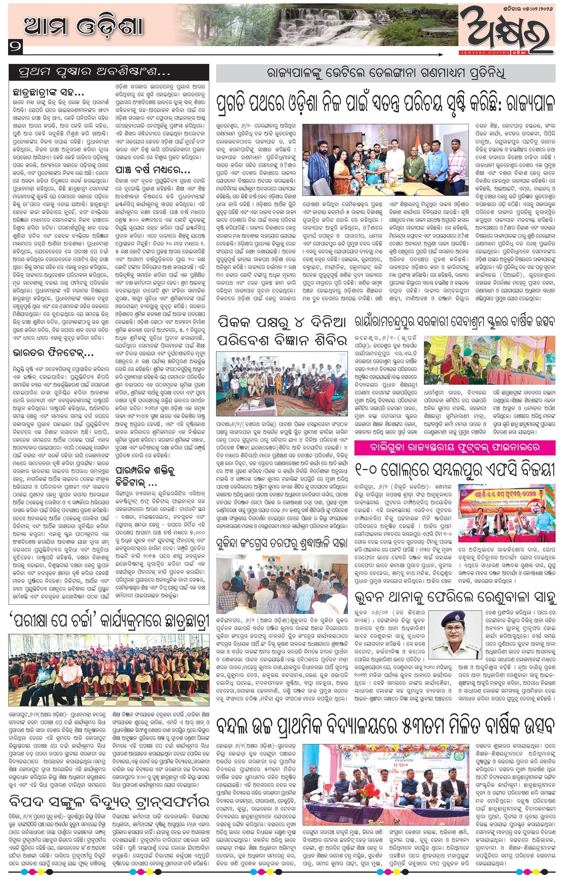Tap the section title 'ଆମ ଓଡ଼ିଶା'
pyautogui.click(x=83, y=27)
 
